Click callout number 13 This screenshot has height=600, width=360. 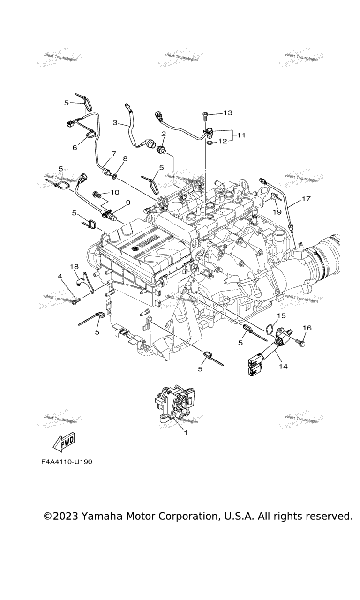(228, 113)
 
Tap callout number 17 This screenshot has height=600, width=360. (306, 199)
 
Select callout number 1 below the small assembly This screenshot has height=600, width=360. (185, 433)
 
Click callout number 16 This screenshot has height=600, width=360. (307, 328)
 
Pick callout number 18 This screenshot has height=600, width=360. (75, 267)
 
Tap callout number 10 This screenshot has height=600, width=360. (115, 192)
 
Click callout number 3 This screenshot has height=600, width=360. (115, 122)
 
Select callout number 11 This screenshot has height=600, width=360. (241, 135)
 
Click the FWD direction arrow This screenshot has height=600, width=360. (62, 441)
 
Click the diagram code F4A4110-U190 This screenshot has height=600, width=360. (67, 462)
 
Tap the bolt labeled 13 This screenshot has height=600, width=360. (206, 114)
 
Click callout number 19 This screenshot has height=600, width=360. (277, 211)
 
